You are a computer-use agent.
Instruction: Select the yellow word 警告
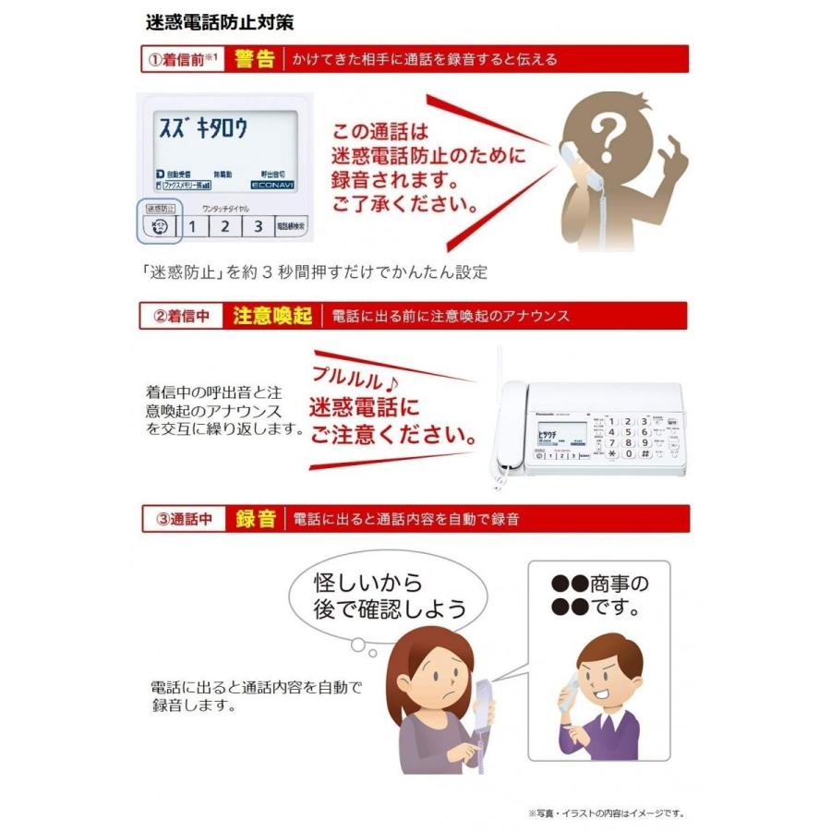point(255,60)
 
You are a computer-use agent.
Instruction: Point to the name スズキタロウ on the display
point(204,128)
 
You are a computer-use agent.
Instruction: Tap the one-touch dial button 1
point(192,225)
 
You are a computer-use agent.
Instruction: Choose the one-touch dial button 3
point(258,225)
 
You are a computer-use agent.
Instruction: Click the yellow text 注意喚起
point(271,316)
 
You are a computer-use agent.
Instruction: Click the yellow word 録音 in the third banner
point(256,519)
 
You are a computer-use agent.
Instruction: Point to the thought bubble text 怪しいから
point(368,583)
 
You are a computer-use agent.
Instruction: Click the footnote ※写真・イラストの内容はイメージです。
point(607,813)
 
